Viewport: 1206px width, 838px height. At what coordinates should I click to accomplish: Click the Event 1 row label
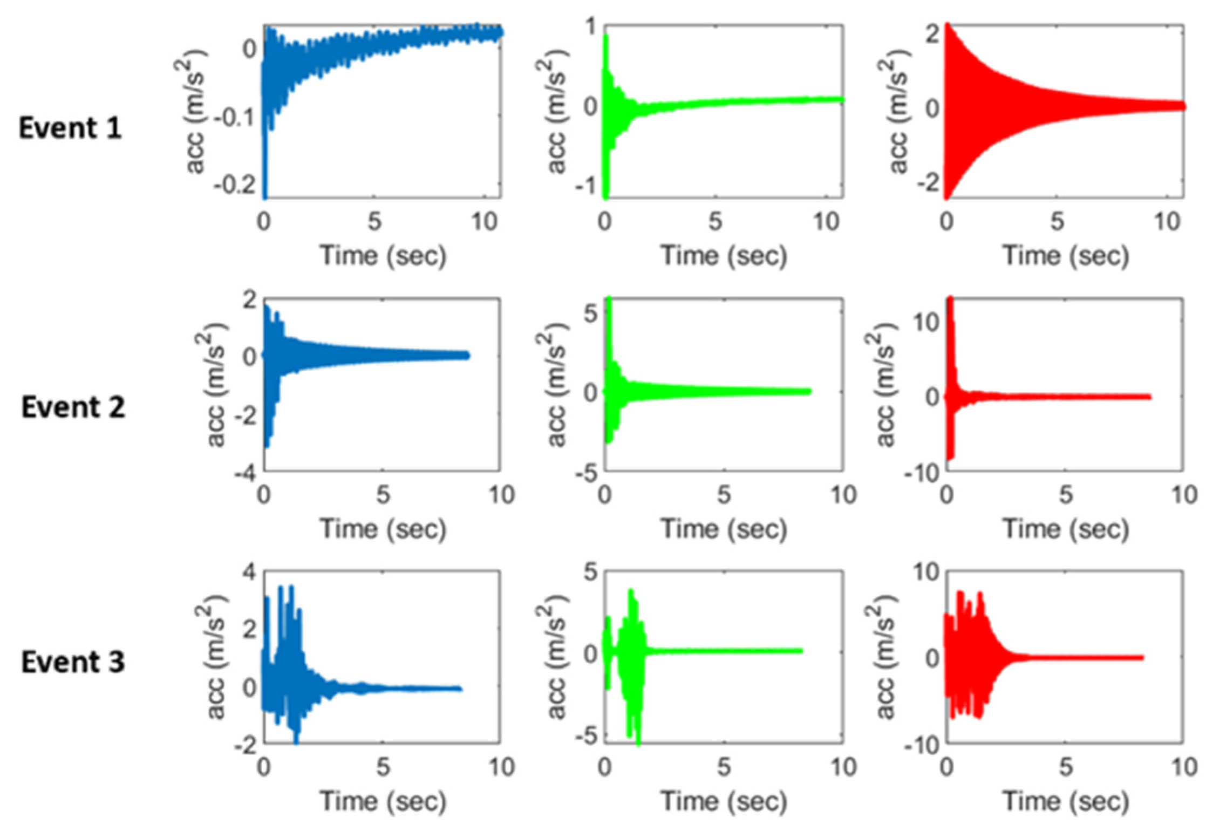tap(70, 128)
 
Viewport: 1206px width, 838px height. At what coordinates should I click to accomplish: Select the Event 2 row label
tap(73, 407)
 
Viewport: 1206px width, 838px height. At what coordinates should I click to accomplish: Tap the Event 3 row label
tap(73, 662)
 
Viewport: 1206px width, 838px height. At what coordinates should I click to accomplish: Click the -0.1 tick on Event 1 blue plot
tap(234, 117)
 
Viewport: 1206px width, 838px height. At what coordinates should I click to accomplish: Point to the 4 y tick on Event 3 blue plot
tap(249, 571)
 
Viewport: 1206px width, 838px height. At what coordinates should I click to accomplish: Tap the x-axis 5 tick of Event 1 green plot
tap(715, 221)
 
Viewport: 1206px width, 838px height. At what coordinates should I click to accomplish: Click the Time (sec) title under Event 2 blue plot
tap(383, 529)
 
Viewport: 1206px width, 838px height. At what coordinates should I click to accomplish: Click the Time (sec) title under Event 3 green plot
tap(724, 801)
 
